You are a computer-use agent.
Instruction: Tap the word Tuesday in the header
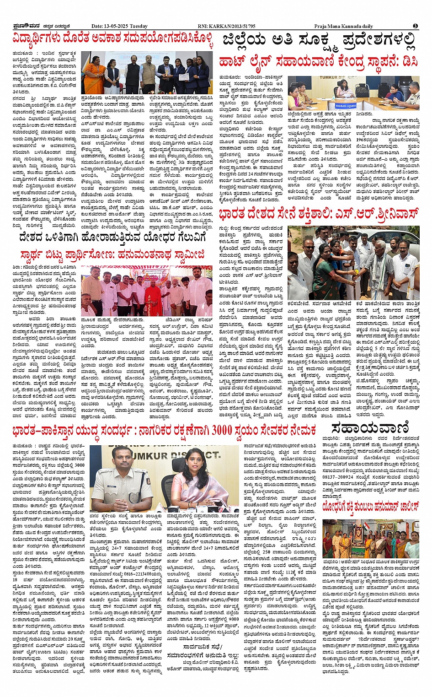(139, 26)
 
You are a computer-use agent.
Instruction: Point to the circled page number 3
(415, 26)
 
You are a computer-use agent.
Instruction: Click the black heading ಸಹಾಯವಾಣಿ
(369, 429)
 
